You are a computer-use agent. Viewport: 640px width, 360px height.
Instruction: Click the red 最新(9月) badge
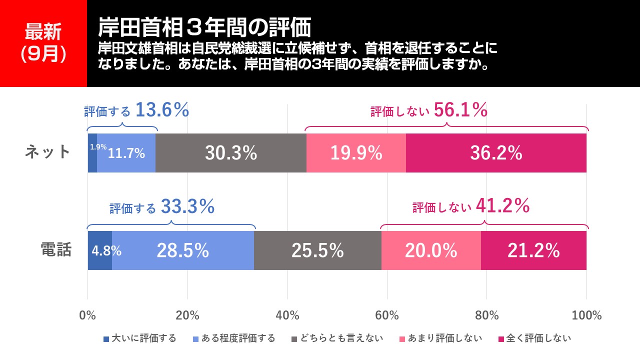point(43,43)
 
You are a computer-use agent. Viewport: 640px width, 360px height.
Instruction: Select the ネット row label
point(48,152)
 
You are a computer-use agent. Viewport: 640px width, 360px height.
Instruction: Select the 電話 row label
point(56,249)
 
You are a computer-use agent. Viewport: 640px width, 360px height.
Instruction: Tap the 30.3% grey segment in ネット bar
point(230,153)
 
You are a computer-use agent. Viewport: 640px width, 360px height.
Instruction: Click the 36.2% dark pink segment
point(496,153)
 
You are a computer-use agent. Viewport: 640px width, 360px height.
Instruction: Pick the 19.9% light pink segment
point(356,153)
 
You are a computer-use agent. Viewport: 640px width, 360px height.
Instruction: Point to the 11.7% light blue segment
point(126,153)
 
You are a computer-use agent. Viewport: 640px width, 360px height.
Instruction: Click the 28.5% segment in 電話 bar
point(182,250)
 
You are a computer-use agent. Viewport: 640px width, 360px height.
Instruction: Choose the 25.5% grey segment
point(317,250)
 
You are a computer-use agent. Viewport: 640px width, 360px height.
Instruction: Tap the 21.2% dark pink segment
point(533,250)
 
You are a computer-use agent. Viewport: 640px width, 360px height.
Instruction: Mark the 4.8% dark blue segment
point(100,250)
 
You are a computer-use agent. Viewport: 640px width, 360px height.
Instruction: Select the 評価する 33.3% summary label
point(162,206)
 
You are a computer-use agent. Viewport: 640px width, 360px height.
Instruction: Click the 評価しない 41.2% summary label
point(471,206)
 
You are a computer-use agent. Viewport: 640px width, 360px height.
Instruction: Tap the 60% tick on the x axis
point(387,315)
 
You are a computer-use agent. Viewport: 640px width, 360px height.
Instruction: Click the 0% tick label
point(88,315)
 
